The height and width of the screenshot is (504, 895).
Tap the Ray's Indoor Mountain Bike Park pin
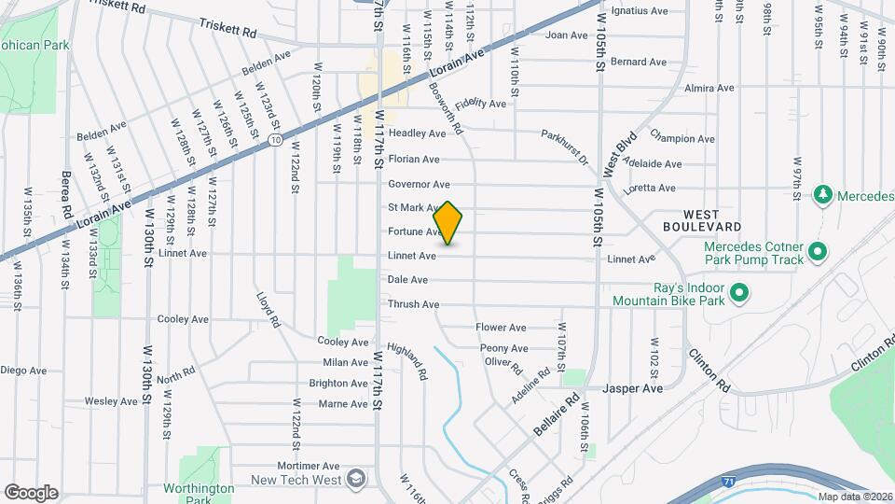[x=739, y=294]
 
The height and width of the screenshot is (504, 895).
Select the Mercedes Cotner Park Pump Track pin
[x=817, y=252]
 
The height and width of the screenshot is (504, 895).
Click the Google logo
[x=31, y=492]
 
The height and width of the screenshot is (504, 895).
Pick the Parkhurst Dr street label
[x=565, y=147]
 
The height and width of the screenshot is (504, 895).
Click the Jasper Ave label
[x=632, y=387]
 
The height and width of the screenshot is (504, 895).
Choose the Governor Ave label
[x=419, y=185]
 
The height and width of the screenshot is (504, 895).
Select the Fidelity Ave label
[x=481, y=103]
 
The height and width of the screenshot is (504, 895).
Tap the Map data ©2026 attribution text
[x=853, y=497]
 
